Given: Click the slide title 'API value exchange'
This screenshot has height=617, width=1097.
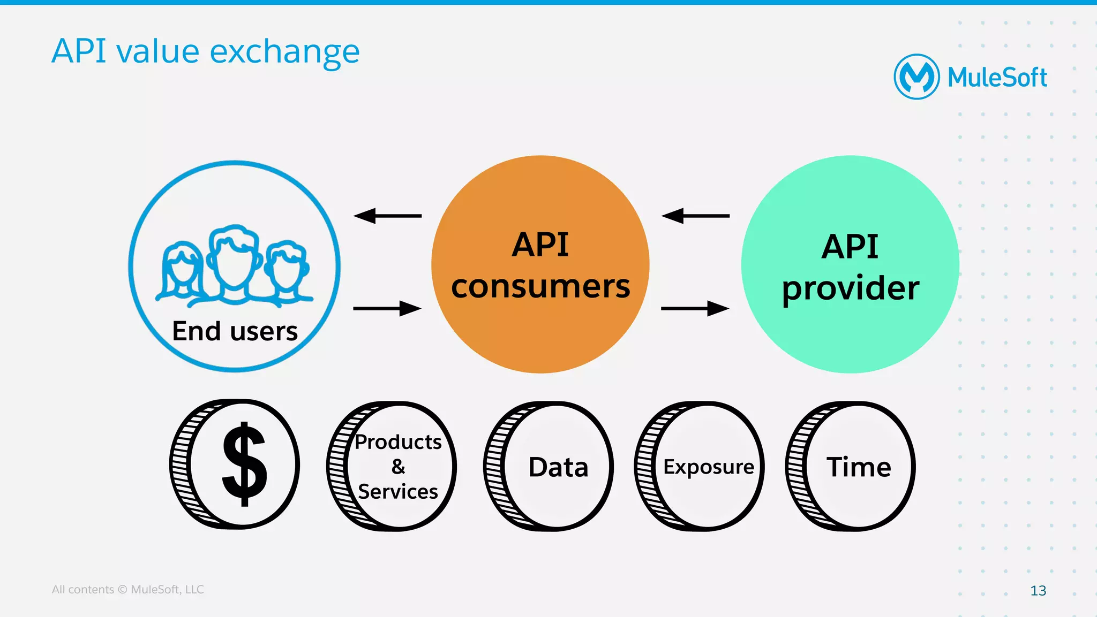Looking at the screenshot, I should (206, 52).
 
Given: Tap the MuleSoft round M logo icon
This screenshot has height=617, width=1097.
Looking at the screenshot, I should (916, 77).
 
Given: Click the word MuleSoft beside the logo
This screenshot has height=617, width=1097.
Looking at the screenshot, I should (997, 78).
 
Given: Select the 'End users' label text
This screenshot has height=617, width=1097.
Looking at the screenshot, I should (235, 331).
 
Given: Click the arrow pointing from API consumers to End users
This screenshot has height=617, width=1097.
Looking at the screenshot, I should (387, 216).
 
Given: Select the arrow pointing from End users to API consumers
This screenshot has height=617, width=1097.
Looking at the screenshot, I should (387, 308).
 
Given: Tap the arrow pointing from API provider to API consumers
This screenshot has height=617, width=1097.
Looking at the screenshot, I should (695, 216).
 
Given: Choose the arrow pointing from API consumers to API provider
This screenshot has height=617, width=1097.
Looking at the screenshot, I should (695, 308).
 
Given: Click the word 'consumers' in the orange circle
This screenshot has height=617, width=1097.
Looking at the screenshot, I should (540, 286).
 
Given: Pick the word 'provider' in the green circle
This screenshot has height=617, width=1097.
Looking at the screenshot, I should (850, 289).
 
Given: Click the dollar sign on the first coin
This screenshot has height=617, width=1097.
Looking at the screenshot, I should (244, 464).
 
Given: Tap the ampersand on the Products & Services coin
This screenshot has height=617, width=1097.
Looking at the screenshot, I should (398, 466).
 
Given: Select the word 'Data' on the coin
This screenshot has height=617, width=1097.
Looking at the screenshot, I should (558, 467).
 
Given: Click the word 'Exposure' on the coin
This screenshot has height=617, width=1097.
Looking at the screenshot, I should (709, 467).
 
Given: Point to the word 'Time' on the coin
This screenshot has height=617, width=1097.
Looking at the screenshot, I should (859, 467).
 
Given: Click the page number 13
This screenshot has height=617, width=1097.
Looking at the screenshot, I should (1038, 590).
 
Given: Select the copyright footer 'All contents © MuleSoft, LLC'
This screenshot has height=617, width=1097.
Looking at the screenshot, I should (127, 589).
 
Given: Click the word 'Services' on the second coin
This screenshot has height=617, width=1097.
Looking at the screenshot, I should (398, 491).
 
